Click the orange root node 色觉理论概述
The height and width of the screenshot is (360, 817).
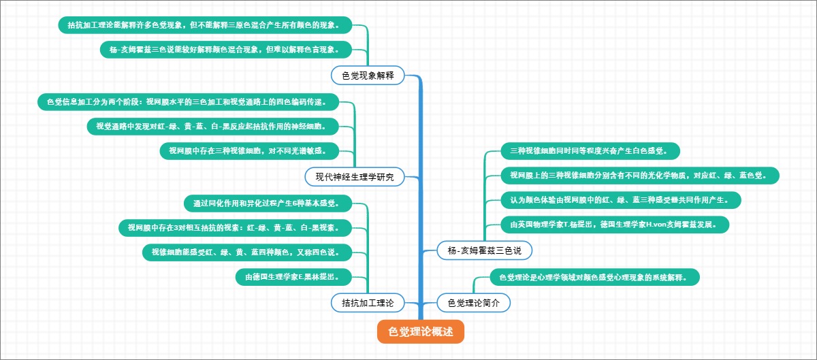point(420,331)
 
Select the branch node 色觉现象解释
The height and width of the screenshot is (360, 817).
point(368,75)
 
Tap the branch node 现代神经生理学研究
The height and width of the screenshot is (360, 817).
point(355,177)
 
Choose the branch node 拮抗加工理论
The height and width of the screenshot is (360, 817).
point(368,302)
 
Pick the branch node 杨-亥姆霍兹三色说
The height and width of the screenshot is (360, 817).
point(484,250)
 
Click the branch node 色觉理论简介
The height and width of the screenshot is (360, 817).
point(474,302)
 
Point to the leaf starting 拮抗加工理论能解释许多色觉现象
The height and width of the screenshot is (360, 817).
point(208,26)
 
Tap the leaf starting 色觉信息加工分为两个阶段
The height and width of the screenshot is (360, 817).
point(187,102)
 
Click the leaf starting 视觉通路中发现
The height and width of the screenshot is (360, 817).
point(212,126)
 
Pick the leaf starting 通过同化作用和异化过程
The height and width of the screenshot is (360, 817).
point(270,203)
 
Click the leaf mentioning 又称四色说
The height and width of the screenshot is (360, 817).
point(246,252)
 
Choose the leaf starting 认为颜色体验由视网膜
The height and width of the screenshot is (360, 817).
point(620,200)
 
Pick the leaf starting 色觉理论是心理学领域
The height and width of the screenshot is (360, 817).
point(594,277)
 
